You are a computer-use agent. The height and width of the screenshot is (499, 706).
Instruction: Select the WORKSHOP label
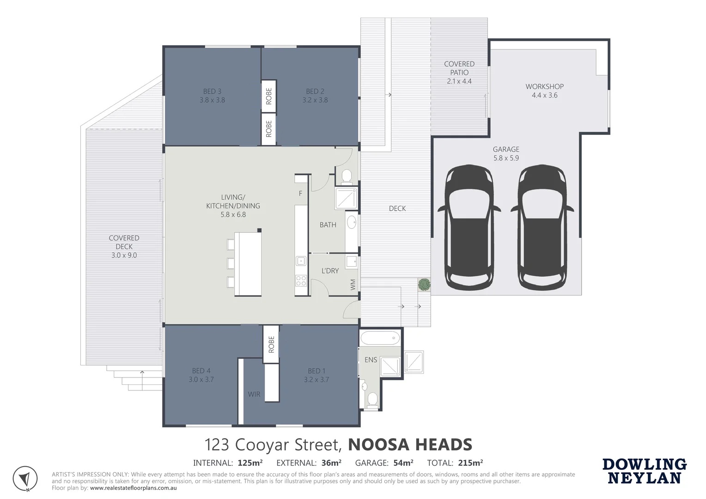point(544,91)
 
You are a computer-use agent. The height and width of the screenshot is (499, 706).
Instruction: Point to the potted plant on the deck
point(424,284)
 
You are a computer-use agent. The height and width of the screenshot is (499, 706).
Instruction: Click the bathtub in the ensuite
point(380,338)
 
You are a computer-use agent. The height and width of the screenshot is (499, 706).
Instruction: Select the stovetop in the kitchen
point(301,280)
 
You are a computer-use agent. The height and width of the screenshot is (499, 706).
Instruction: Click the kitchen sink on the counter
point(301,261)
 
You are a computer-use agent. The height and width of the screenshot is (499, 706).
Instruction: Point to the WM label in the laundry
point(353,284)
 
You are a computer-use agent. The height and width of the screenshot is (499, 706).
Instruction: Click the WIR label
point(254,394)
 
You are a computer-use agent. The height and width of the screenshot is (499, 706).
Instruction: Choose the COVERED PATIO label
point(459,73)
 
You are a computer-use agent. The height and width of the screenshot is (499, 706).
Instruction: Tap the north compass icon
point(25,479)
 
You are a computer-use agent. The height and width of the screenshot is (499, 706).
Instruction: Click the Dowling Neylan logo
point(644,471)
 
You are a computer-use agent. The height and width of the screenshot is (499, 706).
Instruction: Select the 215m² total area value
point(470,462)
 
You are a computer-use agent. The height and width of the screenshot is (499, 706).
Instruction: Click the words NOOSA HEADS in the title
point(410,444)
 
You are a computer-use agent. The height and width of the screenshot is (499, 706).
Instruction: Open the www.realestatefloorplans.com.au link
point(134,487)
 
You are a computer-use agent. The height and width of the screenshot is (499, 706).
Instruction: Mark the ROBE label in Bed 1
point(271,344)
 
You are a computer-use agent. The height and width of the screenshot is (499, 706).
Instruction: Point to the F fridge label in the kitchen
point(300,194)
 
